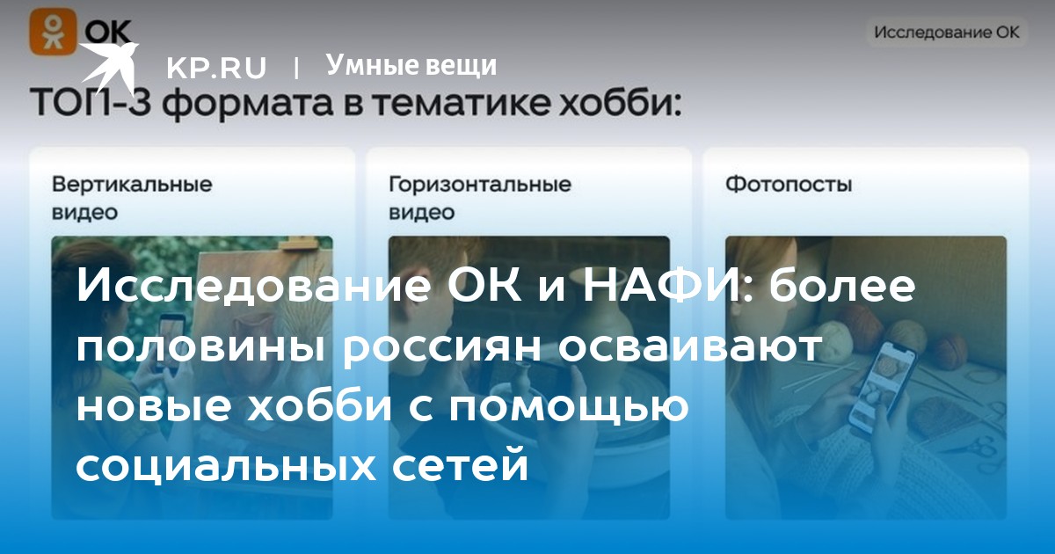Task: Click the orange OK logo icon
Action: click(53, 32)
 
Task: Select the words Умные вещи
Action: click(411, 65)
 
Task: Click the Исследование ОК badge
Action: click(947, 32)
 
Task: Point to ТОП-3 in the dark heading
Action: click(91, 103)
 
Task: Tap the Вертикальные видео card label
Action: click(132, 198)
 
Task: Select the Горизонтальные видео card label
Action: click(480, 198)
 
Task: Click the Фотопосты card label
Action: click(789, 184)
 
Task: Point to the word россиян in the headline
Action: click(441, 347)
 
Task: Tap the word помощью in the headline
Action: click(569, 406)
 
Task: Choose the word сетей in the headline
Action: click(467, 465)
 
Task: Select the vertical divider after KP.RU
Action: click(295, 68)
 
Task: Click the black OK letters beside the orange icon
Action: click(107, 33)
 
